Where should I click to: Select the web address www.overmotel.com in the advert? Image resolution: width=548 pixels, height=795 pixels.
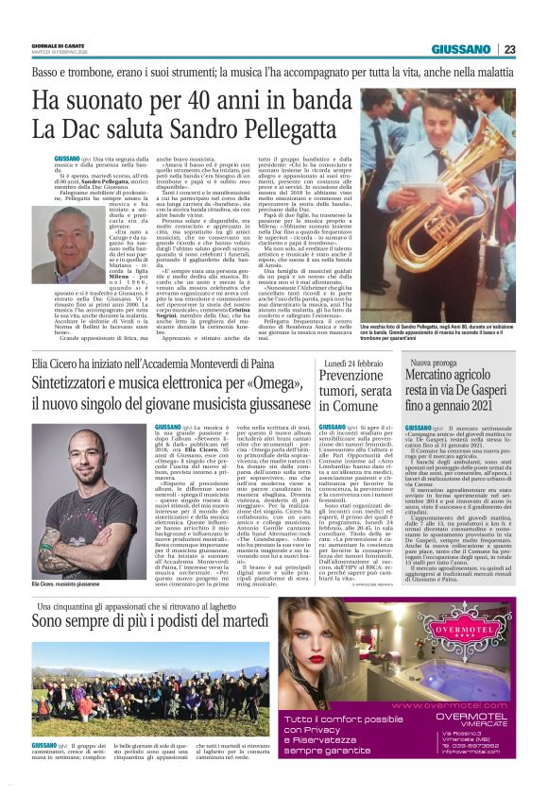pos(458,705)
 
